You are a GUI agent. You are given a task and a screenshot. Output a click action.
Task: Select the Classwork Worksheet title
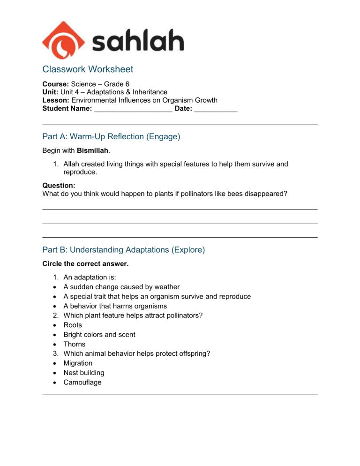[x=88, y=69]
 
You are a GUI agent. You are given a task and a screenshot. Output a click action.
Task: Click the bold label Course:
[x=55, y=84]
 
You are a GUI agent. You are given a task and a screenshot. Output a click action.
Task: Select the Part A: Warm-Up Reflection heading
[x=111, y=137]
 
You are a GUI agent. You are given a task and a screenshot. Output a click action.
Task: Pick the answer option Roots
[x=73, y=325]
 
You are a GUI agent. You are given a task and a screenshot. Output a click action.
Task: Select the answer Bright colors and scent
[x=99, y=335]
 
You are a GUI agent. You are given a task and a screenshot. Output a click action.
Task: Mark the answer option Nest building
[x=84, y=373]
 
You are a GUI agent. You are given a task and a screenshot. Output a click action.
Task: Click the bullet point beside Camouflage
[x=56, y=383]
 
